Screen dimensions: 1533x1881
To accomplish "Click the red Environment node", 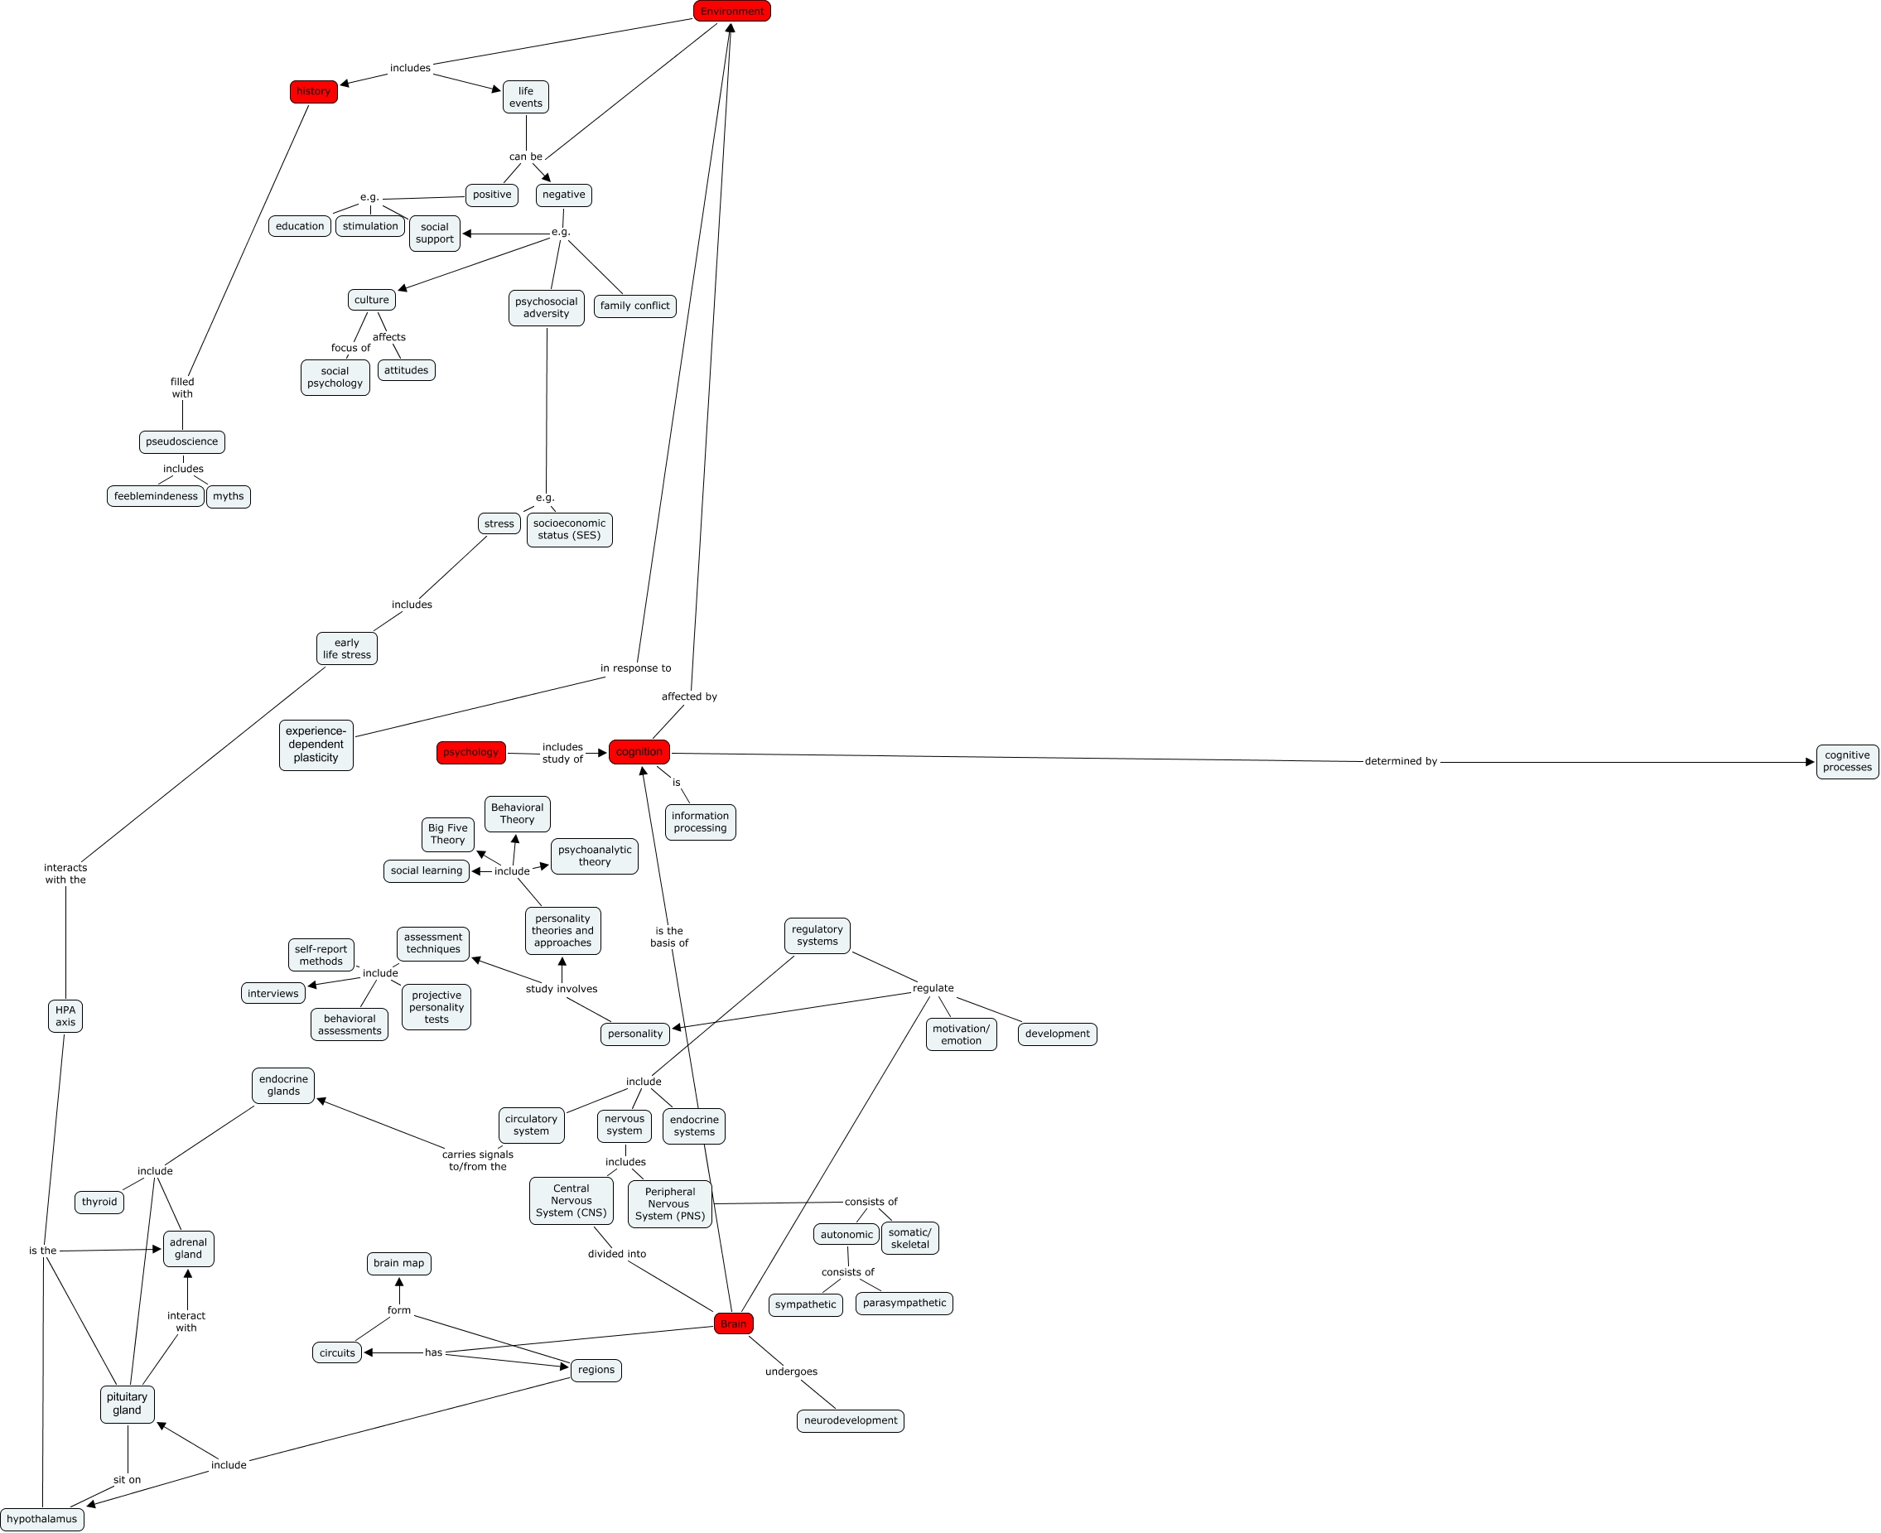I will [x=731, y=12].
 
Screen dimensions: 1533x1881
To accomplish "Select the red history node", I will [x=313, y=92].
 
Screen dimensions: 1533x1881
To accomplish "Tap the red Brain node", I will [x=733, y=1323].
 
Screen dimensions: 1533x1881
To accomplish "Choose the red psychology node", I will [x=470, y=752].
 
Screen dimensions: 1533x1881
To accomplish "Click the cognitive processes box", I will [x=1846, y=761].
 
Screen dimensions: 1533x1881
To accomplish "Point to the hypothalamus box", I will [x=41, y=1519].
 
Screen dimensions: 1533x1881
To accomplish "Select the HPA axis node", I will [x=65, y=1016].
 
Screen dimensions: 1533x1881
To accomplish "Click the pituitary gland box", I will [x=128, y=1404].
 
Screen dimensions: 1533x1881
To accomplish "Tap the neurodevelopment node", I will [x=850, y=1421].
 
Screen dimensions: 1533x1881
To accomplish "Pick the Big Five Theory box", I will [x=448, y=835].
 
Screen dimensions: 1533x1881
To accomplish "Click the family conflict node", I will [x=634, y=306].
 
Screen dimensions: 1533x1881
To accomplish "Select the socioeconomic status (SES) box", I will [x=569, y=530].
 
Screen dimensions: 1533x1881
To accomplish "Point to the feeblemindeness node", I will [x=156, y=496].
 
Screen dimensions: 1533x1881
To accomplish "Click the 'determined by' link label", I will [x=1401, y=761].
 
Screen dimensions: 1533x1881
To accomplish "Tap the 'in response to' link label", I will [x=635, y=668].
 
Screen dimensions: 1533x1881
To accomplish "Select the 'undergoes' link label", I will [x=790, y=1372].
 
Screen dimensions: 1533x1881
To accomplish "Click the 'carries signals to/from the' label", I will [x=477, y=1160].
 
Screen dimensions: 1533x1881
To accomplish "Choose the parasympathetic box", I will [x=904, y=1304].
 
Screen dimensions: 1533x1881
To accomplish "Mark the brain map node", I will [x=398, y=1264].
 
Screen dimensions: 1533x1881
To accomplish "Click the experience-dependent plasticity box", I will [x=316, y=745].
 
